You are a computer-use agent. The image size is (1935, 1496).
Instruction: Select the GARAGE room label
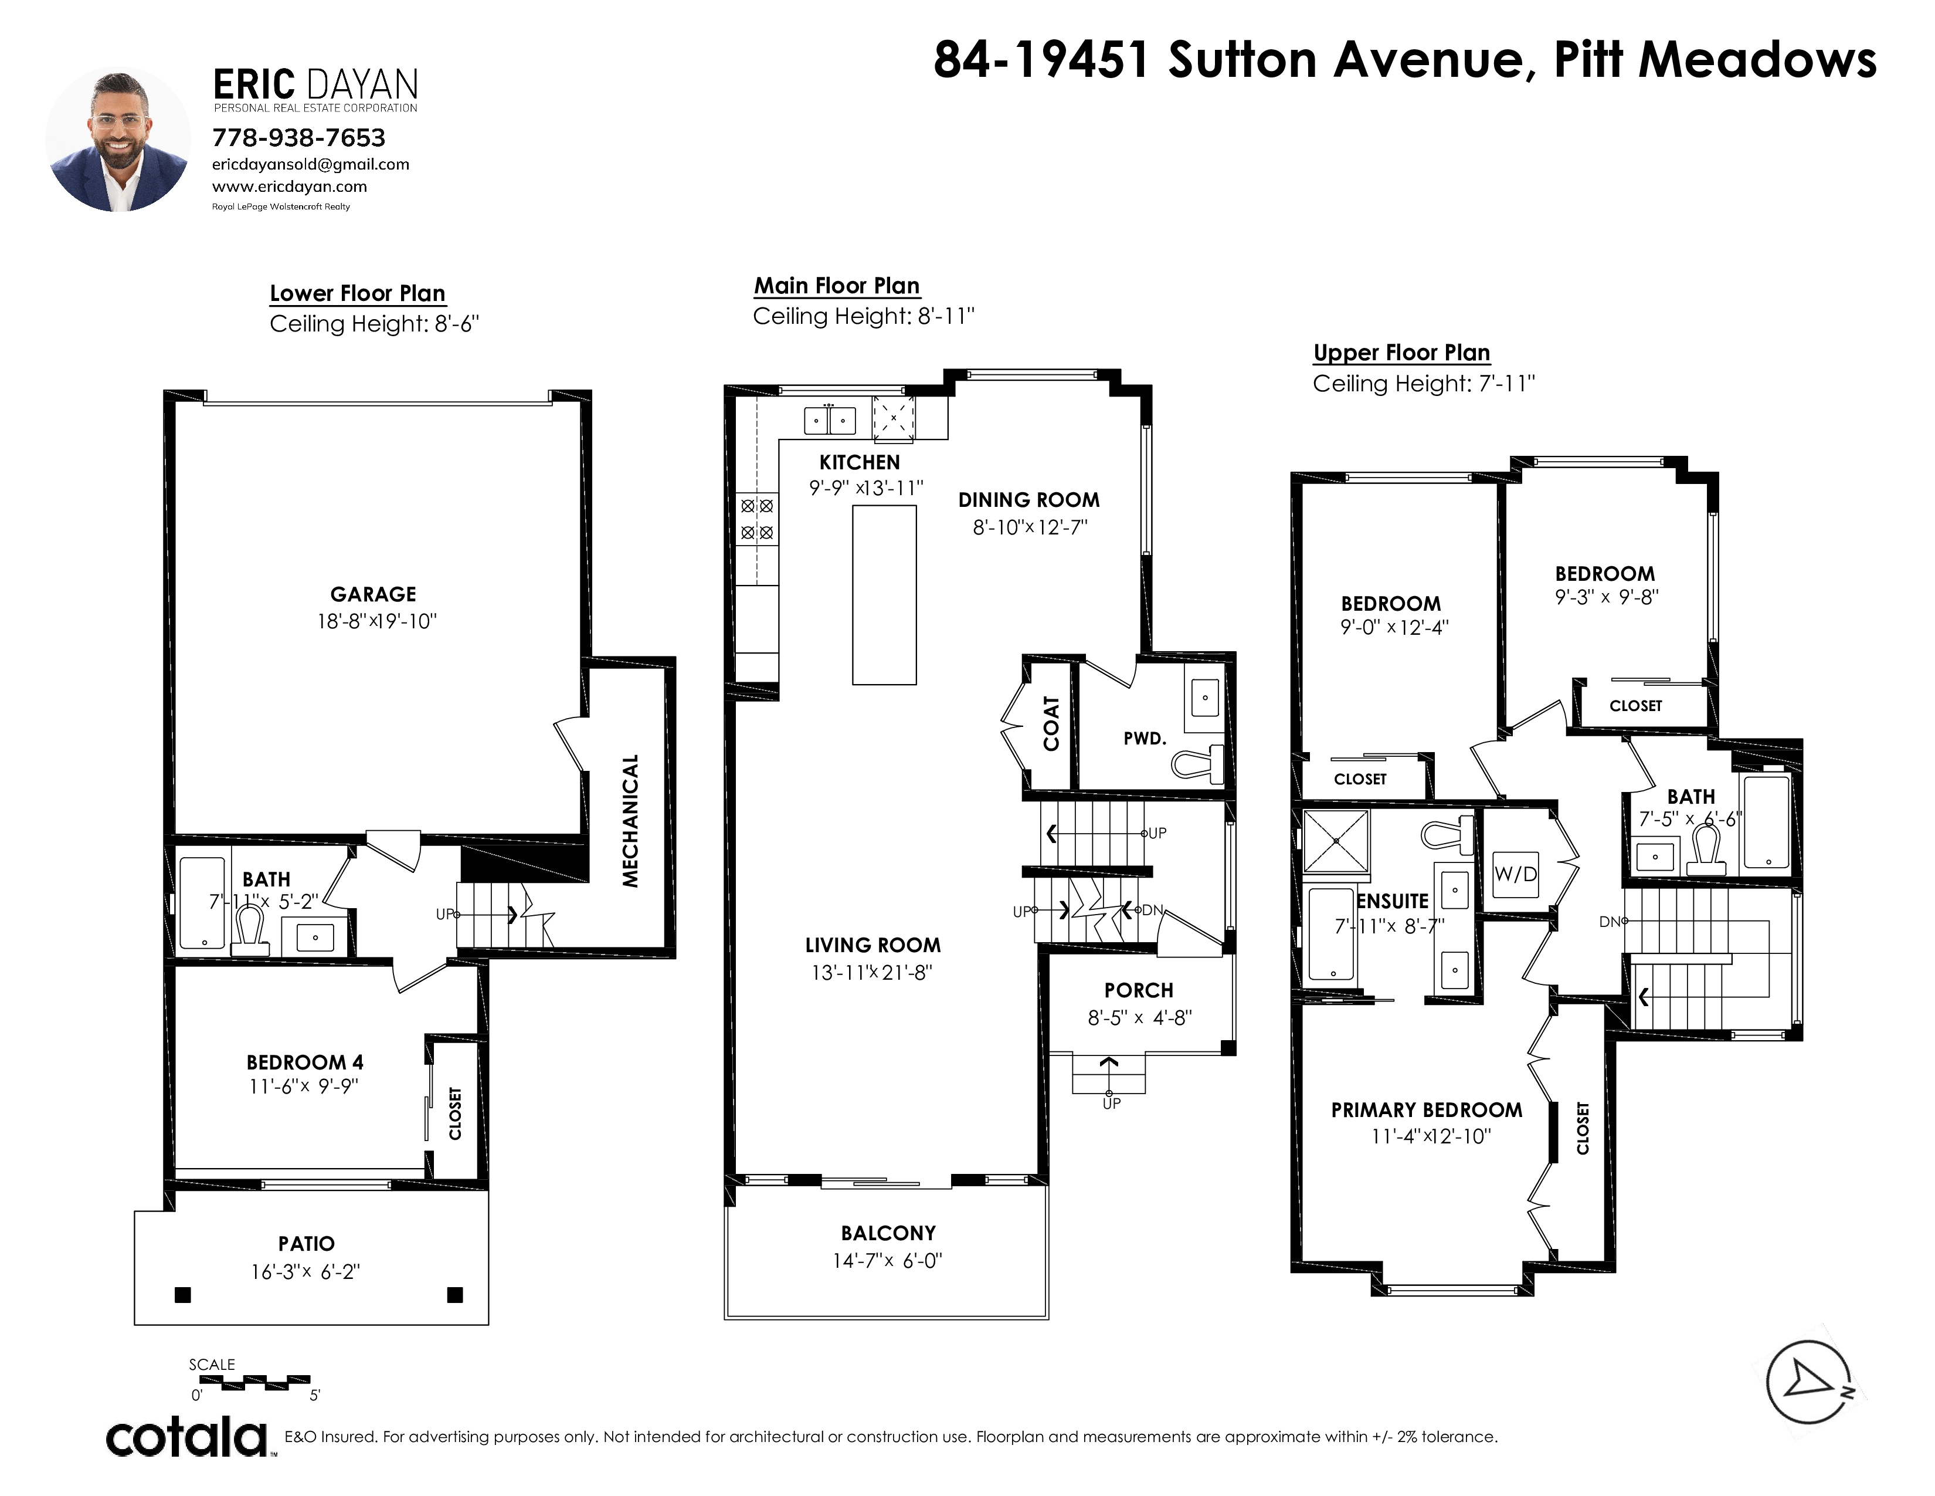point(373,595)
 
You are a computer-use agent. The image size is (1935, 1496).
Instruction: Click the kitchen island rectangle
point(884,595)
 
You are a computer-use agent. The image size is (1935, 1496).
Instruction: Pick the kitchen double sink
point(830,419)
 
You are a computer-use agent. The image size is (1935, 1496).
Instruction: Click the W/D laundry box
point(1515,874)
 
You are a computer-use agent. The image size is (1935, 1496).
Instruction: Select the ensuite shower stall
point(1335,842)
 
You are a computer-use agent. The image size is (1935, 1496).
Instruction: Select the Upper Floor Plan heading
point(1401,353)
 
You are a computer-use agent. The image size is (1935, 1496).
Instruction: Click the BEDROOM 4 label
point(305,1062)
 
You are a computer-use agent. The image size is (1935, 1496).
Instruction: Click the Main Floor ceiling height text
point(864,316)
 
